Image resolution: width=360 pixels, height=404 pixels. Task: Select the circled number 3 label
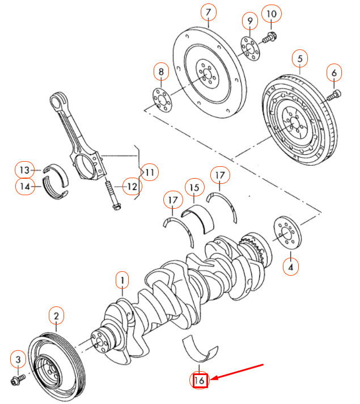pyautogui.click(x=18, y=360)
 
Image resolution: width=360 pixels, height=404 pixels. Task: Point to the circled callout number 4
pyautogui.click(x=291, y=266)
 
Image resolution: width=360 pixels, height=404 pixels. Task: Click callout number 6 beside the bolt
pyautogui.click(x=333, y=73)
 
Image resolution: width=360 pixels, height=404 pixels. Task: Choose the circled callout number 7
pyautogui.click(x=208, y=12)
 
